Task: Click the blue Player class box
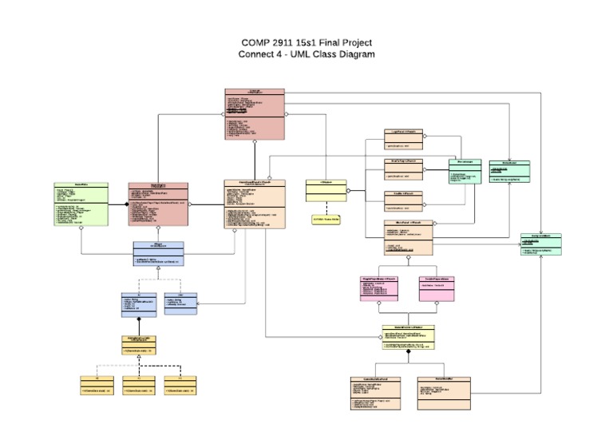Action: [x=158, y=253]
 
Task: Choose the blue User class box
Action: [x=180, y=303]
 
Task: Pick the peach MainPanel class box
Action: [x=409, y=238]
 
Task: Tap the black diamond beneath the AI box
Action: [x=138, y=319]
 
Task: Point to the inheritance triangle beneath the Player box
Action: [x=158, y=270]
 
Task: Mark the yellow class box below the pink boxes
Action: [x=409, y=337]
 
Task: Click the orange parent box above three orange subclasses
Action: [x=138, y=344]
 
